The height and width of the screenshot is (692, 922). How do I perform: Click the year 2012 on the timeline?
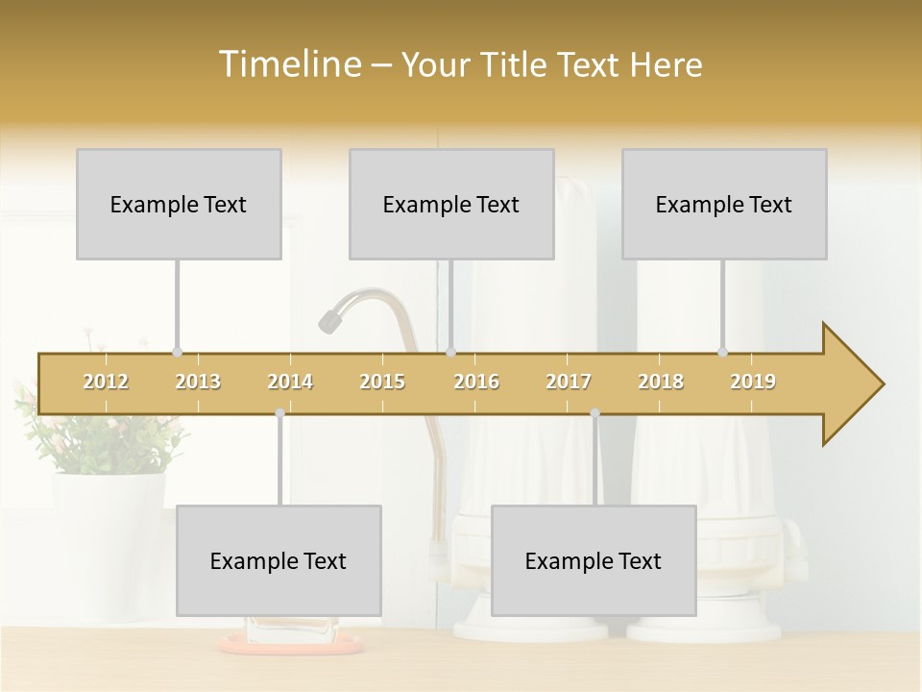106,382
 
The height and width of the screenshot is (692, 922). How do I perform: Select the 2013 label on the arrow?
198,382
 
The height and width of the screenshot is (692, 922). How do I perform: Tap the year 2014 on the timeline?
290,382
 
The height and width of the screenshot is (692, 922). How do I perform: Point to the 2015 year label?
382,382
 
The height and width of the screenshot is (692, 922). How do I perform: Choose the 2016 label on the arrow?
476,382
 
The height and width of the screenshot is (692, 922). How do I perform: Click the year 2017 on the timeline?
569,382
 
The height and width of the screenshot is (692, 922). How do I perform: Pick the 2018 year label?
661,382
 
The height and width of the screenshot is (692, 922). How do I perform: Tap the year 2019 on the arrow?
753,382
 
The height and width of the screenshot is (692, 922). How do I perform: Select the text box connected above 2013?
179,204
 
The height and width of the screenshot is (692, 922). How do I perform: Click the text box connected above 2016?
451,204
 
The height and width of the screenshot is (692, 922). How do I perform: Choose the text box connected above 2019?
724,204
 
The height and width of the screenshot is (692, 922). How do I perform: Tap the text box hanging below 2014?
279,560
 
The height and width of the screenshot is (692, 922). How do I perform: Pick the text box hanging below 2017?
594,560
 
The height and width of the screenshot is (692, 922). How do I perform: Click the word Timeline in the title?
288,64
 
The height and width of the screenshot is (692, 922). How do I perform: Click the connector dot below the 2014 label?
279,413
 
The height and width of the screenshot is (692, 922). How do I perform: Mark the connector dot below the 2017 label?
594,413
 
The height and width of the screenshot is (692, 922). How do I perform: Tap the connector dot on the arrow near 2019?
723,352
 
